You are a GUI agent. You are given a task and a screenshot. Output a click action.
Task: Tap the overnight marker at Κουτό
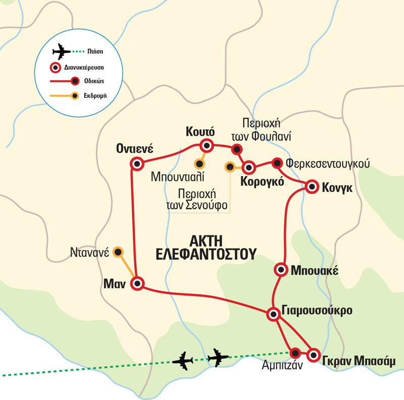click(x=206, y=146)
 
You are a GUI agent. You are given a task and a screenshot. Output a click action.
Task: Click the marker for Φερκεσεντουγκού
click(x=277, y=163)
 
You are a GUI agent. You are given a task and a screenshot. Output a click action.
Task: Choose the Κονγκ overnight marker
click(x=313, y=186)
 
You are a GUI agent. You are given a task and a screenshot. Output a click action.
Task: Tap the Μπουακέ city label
click(x=311, y=270)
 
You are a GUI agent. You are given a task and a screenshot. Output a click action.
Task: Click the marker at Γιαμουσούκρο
click(x=273, y=314)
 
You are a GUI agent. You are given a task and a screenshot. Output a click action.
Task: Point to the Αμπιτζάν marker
click(x=295, y=353)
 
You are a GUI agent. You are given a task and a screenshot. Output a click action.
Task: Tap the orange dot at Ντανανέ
click(x=118, y=251)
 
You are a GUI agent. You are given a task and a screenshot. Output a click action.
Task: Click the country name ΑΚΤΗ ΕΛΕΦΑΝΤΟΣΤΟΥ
click(x=204, y=247)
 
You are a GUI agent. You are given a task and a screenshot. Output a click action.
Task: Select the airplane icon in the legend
click(x=62, y=51)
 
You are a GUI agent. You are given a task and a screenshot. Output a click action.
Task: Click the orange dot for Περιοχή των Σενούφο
click(x=230, y=166)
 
